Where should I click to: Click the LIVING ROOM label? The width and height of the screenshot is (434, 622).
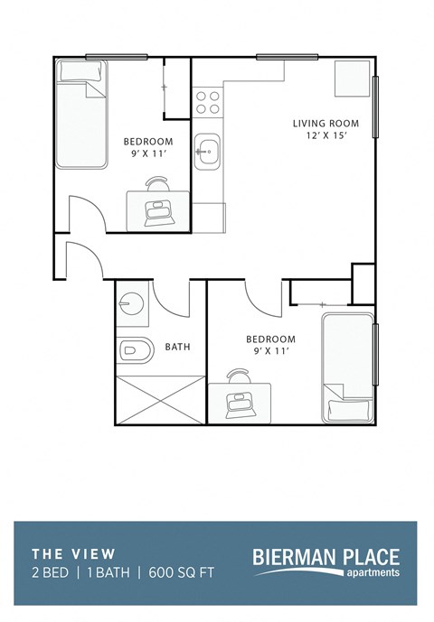[325, 124]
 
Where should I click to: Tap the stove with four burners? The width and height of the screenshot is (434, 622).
[208, 101]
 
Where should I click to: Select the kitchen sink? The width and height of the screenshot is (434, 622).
[208, 151]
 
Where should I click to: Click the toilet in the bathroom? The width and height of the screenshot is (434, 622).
[133, 348]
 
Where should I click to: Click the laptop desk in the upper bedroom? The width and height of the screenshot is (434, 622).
[159, 207]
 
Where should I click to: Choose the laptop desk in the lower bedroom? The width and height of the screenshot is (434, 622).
[240, 398]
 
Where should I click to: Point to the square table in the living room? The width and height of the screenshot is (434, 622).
[352, 79]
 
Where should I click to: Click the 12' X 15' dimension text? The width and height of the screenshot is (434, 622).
[325, 137]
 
